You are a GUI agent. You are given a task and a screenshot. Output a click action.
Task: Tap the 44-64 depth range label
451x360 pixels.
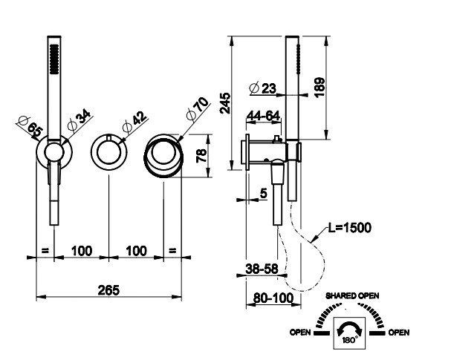pyautogui.click(x=263, y=116)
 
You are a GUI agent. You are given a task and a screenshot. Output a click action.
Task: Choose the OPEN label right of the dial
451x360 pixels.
pyautogui.click(x=399, y=332)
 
